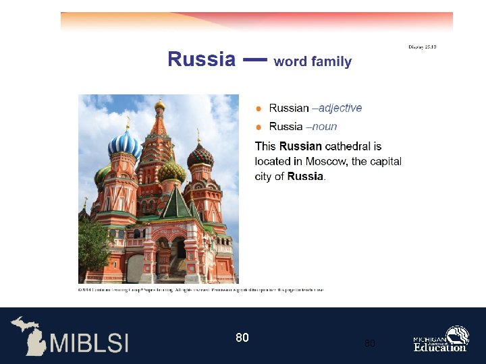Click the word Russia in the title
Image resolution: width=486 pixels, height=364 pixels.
point(201,59)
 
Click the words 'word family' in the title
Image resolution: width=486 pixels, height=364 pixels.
point(313,61)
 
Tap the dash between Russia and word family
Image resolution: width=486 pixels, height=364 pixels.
point(254,60)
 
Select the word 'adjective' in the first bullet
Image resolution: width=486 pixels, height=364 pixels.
point(340,108)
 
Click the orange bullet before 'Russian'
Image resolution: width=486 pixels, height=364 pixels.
point(259,109)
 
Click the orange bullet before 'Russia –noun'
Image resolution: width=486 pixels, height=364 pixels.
point(259,127)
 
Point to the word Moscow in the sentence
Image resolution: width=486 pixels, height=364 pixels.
point(327,161)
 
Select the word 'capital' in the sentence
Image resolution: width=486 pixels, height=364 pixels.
point(385,161)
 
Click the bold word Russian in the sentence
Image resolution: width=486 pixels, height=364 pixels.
point(300,146)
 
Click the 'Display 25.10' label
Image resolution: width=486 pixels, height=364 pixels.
point(423,47)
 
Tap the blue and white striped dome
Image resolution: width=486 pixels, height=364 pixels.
point(125,144)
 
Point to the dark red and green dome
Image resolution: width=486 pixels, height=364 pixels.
point(200,156)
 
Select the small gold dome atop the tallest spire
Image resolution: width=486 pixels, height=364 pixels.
point(160,105)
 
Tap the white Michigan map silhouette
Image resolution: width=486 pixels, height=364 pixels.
point(28,335)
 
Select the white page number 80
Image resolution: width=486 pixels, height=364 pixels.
point(242,337)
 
